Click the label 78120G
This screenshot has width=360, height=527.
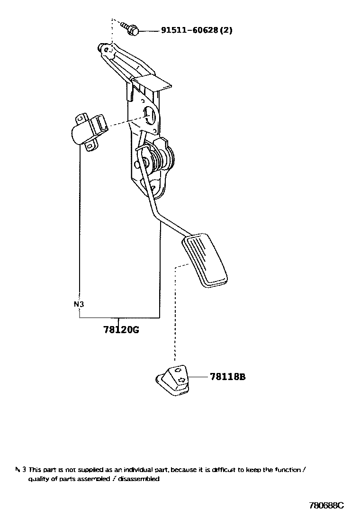tap(121, 330)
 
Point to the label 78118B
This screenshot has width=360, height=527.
tap(228, 377)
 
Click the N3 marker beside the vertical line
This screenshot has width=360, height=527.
tap(79, 304)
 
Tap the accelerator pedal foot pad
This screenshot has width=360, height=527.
tap(204, 260)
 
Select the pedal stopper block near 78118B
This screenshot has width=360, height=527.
tap(173, 381)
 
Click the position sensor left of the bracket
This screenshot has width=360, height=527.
tap(88, 130)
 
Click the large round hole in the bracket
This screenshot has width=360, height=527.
tap(151, 116)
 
